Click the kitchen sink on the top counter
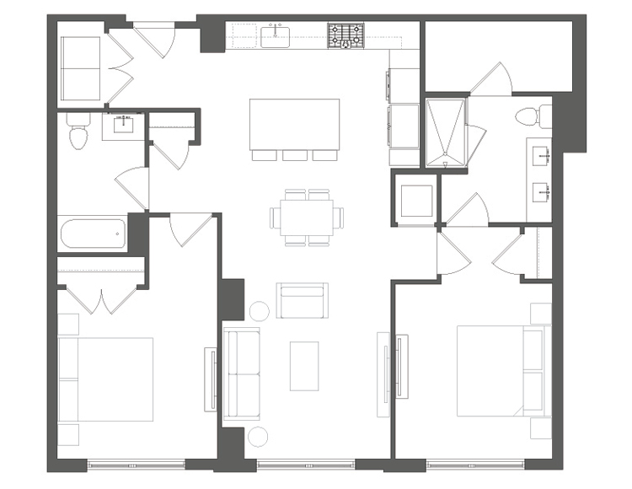[x=276, y=36]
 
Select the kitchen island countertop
[x=295, y=123]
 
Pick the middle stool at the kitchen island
[x=295, y=154]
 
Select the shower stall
[x=447, y=132]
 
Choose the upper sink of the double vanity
[x=542, y=155]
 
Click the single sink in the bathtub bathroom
[x=124, y=126]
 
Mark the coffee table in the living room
[x=304, y=365]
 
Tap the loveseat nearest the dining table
[x=303, y=300]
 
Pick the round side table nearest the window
[x=257, y=437]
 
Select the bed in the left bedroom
[x=105, y=379]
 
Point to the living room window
[x=305, y=463]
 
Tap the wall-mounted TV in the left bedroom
[x=209, y=379]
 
